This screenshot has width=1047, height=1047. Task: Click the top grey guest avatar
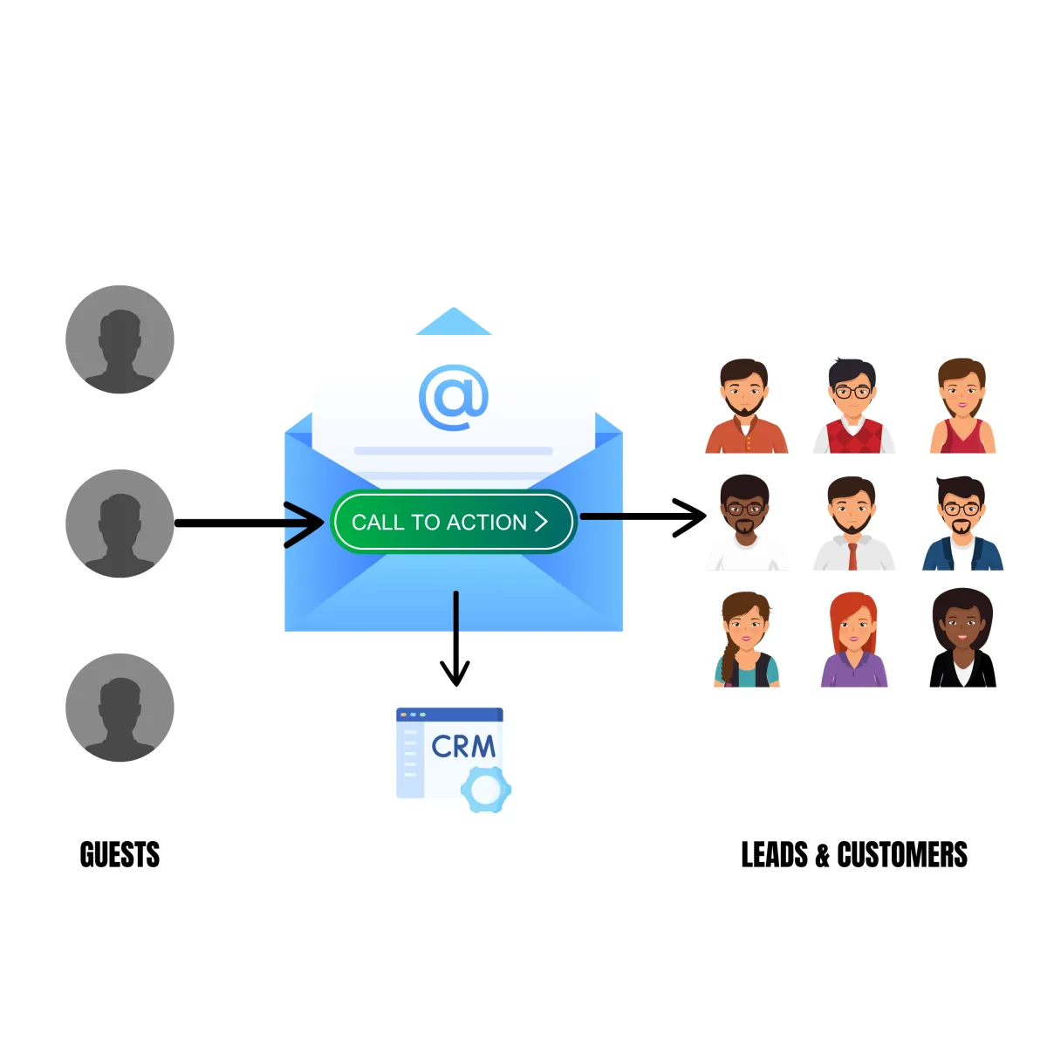(x=120, y=339)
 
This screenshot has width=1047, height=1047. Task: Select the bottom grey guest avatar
(x=120, y=708)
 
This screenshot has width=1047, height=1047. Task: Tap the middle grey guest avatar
(x=120, y=523)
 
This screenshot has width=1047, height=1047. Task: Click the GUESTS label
(x=120, y=855)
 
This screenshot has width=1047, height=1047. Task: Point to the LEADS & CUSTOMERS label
(x=854, y=855)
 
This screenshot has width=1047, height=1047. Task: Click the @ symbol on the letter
(x=453, y=397)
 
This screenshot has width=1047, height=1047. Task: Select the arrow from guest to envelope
(x=249, y=523)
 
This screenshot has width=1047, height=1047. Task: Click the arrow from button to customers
(x=643, y=517)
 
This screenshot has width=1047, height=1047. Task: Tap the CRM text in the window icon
(x=463, y=747)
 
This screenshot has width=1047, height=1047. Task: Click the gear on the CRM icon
(x=485, y=790)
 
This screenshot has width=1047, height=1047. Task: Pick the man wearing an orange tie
(x=852, y=523)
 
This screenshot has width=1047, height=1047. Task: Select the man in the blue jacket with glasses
(x=962, y=523)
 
